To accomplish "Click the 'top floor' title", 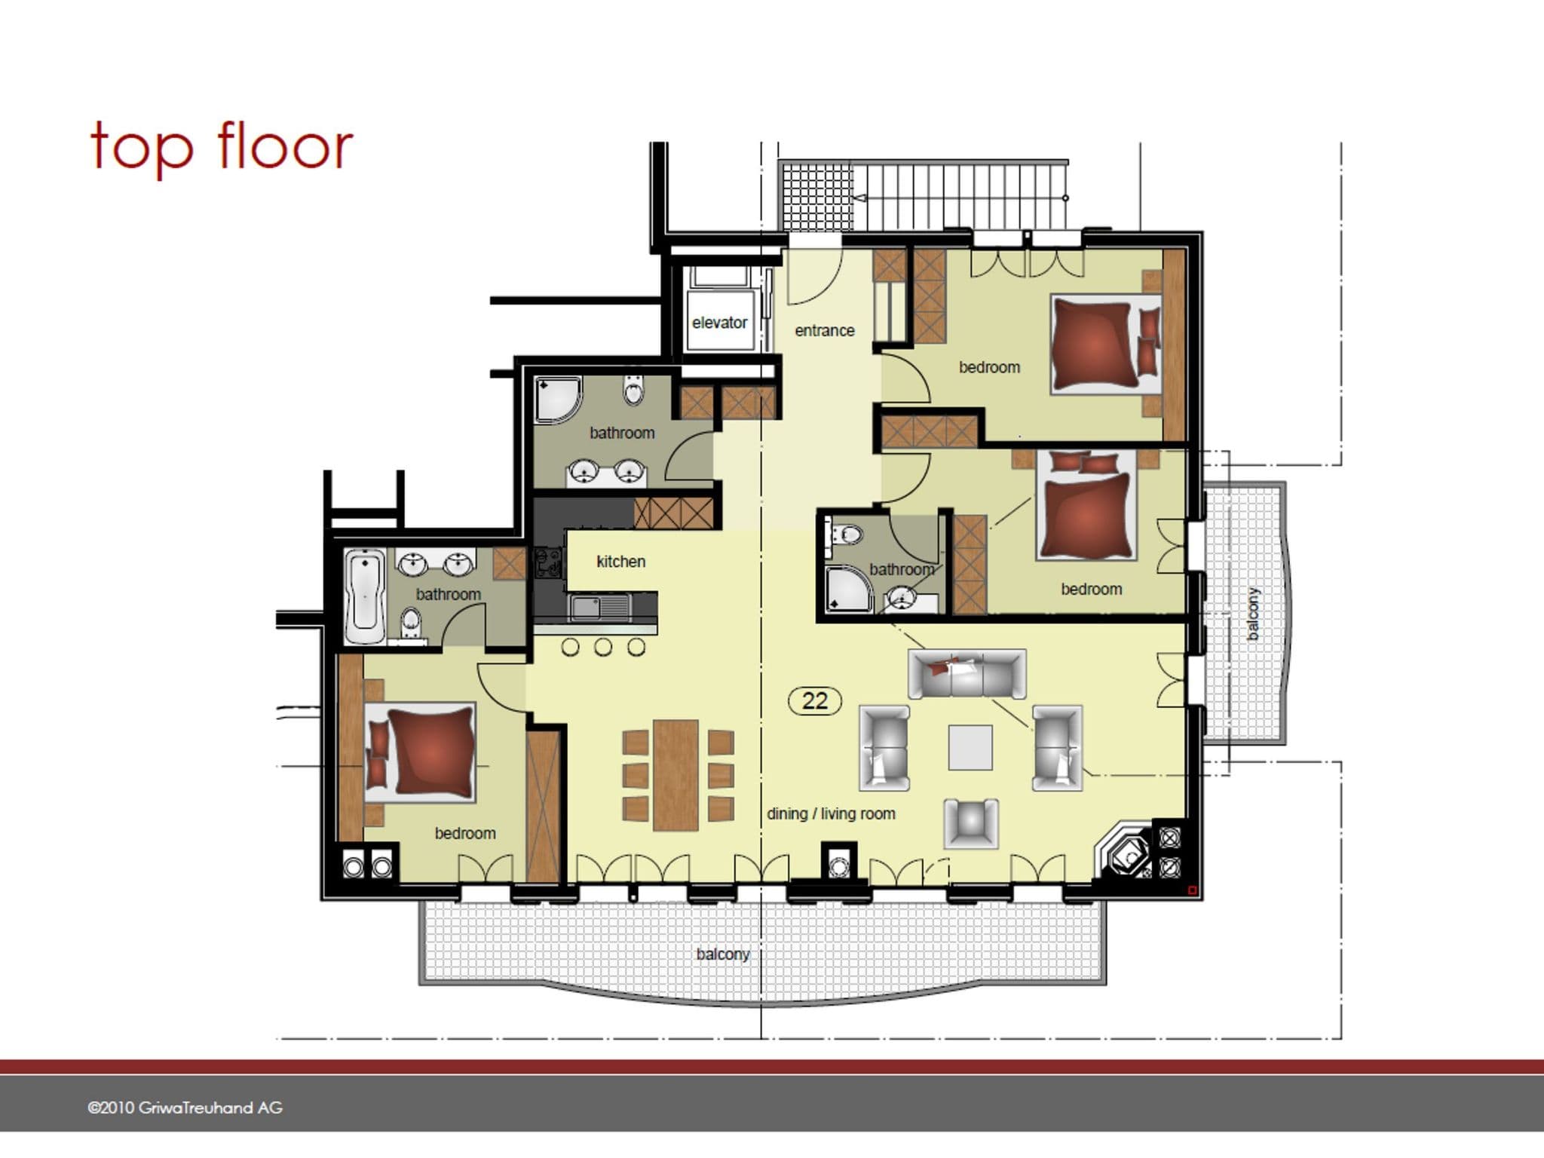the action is [x=222, y=147].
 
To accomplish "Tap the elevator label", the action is [x=719, y=323].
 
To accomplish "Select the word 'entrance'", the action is [x=825, y=331].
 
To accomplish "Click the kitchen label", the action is [x=620, y=562].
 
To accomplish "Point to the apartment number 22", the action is [x=814, y=701].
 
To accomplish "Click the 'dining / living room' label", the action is [x=831, y=814].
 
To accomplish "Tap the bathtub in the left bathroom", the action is [x=365, y=596].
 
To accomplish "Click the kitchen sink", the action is [x=600, y=607].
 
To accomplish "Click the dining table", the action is [x=676, y=775].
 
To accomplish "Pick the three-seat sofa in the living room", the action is [x=967, y=674].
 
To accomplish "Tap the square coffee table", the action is [x=970, y=747].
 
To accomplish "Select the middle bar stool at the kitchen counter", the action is [x=602, y=647].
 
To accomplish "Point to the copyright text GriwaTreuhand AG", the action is [x=185, y=1108].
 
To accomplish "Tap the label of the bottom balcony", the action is [x=723, y=954].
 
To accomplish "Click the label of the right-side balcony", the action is [x=1253, y=614].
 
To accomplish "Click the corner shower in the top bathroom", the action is [x=559, y=400].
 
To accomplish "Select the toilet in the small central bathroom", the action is [x=844, y=535].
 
